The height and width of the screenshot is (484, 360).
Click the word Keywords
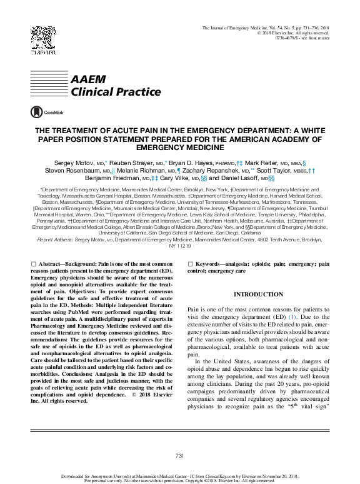tap(213, 266)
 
